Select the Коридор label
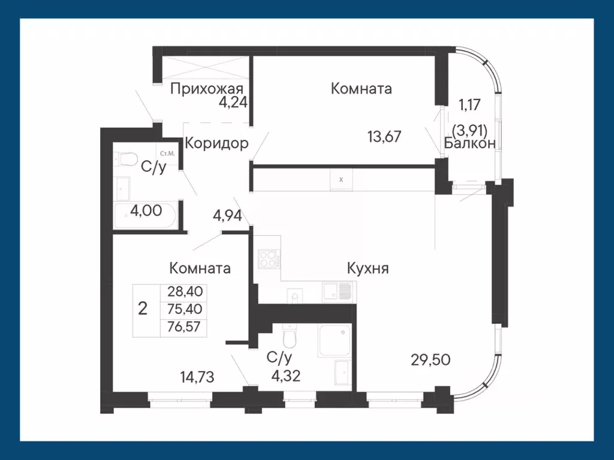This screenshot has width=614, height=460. click(216, 144)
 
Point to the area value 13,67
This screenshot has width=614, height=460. click(384, 137)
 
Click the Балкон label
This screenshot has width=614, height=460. click(469, 143)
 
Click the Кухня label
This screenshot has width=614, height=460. click(368, 268)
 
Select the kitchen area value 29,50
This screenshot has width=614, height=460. click(431, 359)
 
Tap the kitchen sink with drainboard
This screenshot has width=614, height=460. click(338, 291)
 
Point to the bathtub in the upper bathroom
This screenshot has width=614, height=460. click(145, 216)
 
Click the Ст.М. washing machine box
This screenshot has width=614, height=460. click(167, 154)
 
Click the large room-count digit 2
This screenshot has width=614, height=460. click(143, 309)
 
